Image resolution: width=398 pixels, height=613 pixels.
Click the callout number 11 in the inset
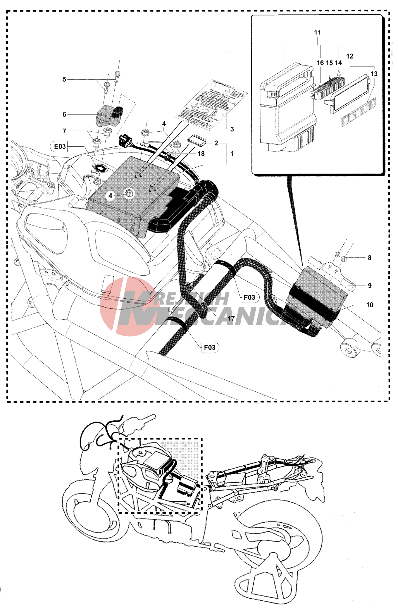pos(317,33)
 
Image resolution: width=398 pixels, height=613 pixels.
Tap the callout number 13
pos(374,74)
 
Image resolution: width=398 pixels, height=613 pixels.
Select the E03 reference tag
pos(60,146)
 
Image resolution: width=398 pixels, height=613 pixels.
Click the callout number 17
pos(231,318)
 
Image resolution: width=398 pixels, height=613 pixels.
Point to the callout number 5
pos(64,79)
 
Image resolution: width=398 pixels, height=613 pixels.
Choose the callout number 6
pos(64,114)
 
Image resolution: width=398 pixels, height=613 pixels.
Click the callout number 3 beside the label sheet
pos(64,131)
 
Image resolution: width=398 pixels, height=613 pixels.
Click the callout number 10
pos(370,305)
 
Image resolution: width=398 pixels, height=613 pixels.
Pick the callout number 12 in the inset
pos(350,56)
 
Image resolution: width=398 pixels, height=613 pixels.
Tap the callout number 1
pos(232,153)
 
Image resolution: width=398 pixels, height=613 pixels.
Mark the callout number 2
pos(216,143)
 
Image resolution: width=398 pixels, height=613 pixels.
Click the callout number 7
pos(64,131)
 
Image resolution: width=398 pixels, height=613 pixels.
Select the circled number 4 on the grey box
pos(110,196)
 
